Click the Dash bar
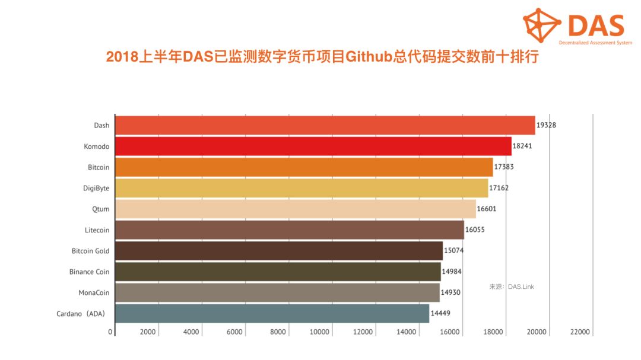tap(325, 126)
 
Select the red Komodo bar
tap(313, 146)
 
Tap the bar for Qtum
tap(295, 209)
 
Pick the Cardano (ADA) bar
tap(272, 313)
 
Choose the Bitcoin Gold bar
tap(278, 251)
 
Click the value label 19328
tap(546, 126)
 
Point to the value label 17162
tap(499, 188)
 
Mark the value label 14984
tap(452, 272)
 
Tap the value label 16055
tap(475, 230)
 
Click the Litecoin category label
tap(97, 230)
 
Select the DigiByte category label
tap(96, 188)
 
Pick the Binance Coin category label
tap(90, 272)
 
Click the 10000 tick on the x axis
tap(320, 332)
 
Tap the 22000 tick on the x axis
tap(580, 332)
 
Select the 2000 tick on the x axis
tap(147, 332)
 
